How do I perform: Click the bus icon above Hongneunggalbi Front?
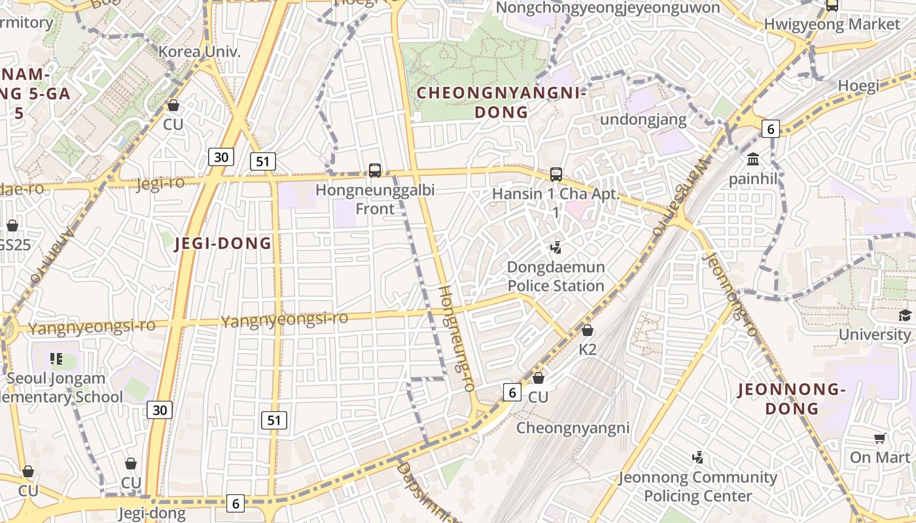coord(375,171)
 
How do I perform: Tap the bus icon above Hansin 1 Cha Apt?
coord(556,175)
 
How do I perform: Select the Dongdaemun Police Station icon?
coord(556,248)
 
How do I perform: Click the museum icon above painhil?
coord(753,160)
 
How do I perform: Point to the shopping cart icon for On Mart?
coord(880,439)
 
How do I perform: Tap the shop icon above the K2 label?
coord(588,331)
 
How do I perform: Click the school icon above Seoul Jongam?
coord(57,359)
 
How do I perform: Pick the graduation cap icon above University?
coord(905,316)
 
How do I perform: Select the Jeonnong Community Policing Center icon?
coord(698,458)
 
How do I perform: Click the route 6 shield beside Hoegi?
coord(771,129)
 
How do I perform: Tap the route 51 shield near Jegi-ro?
coord(262,161)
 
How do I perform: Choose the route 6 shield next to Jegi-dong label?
coord(235,503)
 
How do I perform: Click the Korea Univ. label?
coord(200,51)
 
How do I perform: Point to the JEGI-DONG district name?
coord(223,244)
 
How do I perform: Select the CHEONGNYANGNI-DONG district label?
coord(501,103)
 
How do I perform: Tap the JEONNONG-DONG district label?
coord(792,399)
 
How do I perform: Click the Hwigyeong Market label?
coord(832,24)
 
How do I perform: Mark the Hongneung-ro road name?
coord(456,338)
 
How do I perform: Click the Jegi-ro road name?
coord(160,183)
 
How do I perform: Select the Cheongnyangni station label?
coord(573,428)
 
